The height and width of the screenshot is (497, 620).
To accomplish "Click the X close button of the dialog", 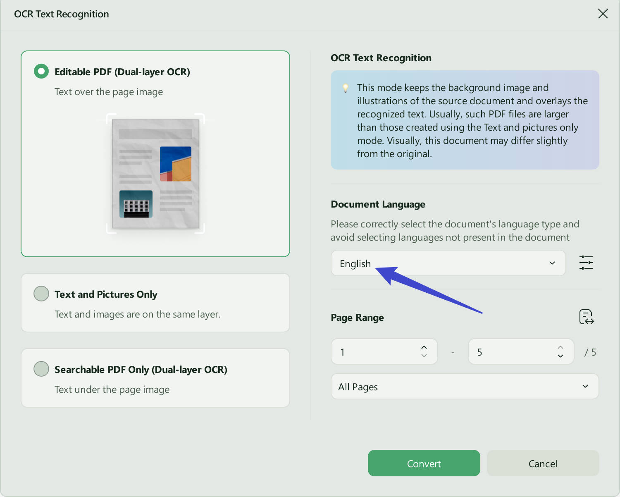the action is [x=603, y=14].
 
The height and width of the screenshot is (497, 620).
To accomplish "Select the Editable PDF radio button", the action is [x=41, y=71].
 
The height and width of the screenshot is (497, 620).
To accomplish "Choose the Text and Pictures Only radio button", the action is [x=41, y=294].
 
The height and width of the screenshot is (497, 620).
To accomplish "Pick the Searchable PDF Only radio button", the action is [x=41, y=369].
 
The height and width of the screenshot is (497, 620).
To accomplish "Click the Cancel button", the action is [x=543, y=463].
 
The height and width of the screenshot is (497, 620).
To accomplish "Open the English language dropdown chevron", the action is [x=552, y=263].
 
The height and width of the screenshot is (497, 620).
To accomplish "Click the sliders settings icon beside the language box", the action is [x=586, y=263].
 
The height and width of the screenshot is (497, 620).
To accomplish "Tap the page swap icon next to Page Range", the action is [x=586, y=317].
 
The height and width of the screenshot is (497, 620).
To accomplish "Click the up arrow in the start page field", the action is [x=424, y=347].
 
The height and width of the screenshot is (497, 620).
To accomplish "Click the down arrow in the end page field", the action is [x=560, y=356].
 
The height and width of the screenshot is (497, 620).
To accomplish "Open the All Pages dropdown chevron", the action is [x=585, y=386].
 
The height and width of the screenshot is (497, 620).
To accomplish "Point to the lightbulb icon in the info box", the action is [x=346, y=88].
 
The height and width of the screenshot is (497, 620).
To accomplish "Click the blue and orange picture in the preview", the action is [x=175, y=164].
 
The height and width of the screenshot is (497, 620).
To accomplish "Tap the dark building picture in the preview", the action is [x=136, y=204].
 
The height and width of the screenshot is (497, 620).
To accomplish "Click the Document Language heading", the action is [x=378, y=204].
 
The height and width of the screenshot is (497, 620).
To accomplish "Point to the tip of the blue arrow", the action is [x=376, y=269].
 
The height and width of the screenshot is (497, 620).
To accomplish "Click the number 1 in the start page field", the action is [x=342, y=352].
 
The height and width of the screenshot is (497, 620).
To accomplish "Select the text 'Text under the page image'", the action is [x=112, y=389].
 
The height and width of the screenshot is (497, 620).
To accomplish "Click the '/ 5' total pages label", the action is [x=590, y=352].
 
